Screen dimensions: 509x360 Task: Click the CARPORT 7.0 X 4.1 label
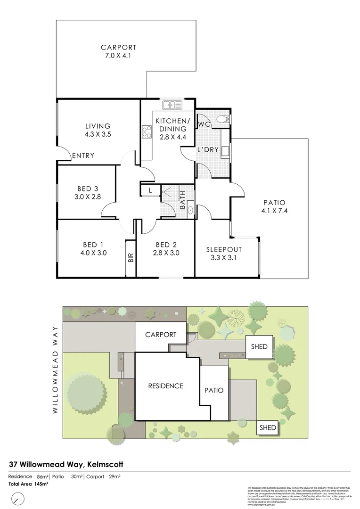tap(118, 51)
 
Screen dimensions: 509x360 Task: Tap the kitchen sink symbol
tap(169, 105)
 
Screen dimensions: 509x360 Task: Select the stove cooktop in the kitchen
tap(145, 133)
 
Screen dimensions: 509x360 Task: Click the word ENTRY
tap(83, 156)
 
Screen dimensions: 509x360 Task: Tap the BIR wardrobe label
tap(131, 258)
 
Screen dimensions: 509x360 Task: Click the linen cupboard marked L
tap(150, 190)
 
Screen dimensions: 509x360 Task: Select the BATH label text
tap(183, 205)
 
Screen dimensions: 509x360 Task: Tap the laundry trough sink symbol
tap(226, 151)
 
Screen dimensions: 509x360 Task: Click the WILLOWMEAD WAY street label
tap(55, 369)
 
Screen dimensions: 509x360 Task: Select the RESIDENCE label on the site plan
tap(165, 386)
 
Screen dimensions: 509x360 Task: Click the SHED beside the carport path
tap(259, 346)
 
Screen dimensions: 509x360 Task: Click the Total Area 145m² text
tap(28, 484)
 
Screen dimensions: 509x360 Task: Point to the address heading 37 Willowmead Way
tap(66, 464)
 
